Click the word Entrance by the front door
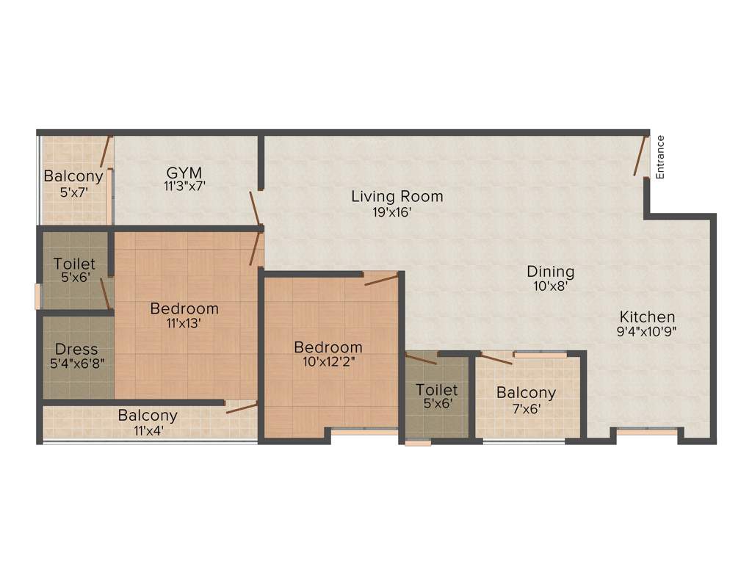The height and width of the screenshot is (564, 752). [x=660, y=157]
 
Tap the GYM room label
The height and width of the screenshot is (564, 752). [x=184, y=173]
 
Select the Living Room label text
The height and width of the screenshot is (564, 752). [x=397, y=197]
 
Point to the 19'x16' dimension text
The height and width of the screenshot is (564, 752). [x=397, y=213]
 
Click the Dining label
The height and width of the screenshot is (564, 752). [x=550, y=272]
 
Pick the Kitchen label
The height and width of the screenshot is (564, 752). [x=647, y=317]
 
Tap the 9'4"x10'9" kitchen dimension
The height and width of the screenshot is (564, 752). [x=647, y=331]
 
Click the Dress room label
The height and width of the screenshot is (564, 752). [x=76, y=349]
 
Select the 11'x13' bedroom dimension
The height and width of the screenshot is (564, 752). [x=184, y=322]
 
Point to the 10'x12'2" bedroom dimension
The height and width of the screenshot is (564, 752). [x=328, y=361]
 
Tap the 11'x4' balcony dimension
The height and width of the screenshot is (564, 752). [x=148, y=430]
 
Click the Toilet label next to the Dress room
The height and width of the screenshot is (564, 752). [x=74, y=264]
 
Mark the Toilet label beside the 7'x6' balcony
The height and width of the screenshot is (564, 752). [x=436, y=389]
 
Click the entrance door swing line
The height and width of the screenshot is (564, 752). [x=640, y=156]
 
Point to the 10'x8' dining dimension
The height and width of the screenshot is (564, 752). [x=550, y=287]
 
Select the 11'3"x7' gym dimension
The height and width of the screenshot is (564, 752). [x=184, y=187]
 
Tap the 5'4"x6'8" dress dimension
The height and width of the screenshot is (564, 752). [x=76, y=364]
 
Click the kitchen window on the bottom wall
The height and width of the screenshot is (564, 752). [x=646, y=433]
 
